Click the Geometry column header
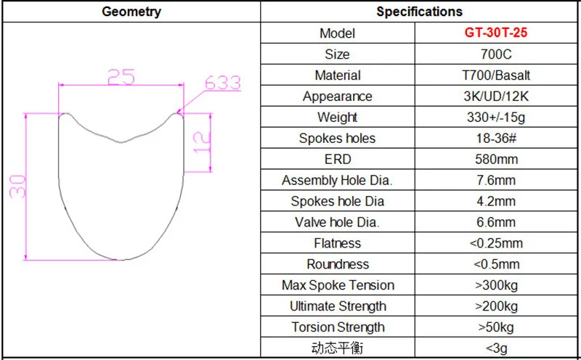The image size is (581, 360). tap(131, 12)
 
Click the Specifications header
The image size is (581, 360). tap(420, 12)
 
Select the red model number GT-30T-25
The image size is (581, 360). tap(497, 33)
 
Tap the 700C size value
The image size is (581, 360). tap(497, 54)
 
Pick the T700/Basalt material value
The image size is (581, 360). tap(497, 75)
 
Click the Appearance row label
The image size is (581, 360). tap(338, 97)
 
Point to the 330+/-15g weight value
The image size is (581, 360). tap(497, 118)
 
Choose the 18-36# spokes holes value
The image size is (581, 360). tap(497, 139)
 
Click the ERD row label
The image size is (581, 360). tap(338, 159)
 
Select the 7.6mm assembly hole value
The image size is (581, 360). tap(497, 180)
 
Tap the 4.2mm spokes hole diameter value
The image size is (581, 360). tap(497, 201)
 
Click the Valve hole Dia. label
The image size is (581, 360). tap(338, 222)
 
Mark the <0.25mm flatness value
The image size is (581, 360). tap(497, 243)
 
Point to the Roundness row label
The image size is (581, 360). tap(338, 264)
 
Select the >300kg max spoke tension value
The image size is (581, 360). tap(497, 285)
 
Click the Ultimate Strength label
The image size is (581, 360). tap(338, 306)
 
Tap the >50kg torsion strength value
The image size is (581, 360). tap(497, 327)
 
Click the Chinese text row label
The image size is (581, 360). tap(338, 348)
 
